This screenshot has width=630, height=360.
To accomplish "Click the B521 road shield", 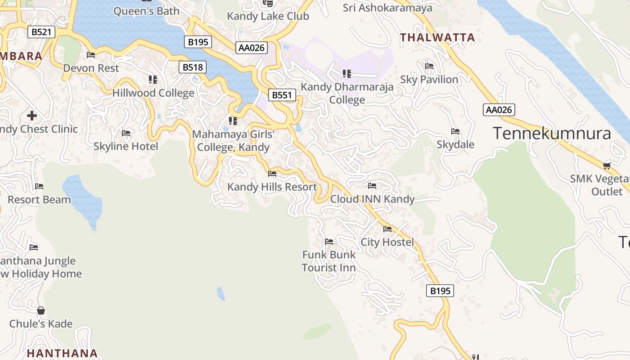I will click(x=41, y=32).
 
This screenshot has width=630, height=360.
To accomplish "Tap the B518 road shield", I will click(x=193, y=67).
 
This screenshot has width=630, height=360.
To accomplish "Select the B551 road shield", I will click(x=282, y=95).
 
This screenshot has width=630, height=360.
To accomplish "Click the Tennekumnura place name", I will click(x=552, y=133).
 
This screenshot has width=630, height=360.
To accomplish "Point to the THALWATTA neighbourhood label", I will click(x=437, y=37).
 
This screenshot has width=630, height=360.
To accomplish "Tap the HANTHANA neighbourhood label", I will click(x=62, y=353).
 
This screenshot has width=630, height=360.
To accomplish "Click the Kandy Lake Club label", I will click(x=268, y=16).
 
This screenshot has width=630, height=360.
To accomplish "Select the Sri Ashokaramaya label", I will click(x=387, y=8).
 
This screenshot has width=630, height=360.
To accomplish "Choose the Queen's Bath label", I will click(x=146, y=11).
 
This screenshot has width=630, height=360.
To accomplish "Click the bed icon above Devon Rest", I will click(x=91, y=55).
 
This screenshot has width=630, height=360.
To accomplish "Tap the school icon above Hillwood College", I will click(x=153, y=80).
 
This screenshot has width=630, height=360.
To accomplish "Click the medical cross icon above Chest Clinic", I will click(x=31, y=115).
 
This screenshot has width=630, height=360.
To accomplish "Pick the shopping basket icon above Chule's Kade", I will click(x=41, y=310).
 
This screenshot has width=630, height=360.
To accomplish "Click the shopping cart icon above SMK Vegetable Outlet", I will click(x=607, y=166).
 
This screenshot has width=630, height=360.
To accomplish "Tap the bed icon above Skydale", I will click(x=455, y=131).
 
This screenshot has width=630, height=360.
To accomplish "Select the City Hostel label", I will click(x=387, y=242).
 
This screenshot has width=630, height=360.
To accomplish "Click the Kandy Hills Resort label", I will click(x=272, y=187).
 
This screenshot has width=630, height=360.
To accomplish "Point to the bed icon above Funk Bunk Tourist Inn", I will click(x=329, y=242).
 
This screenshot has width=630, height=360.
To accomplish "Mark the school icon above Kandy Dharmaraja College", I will click(x=346, y=73).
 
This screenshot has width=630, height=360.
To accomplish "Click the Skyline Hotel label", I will click(x=126, y=146).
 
